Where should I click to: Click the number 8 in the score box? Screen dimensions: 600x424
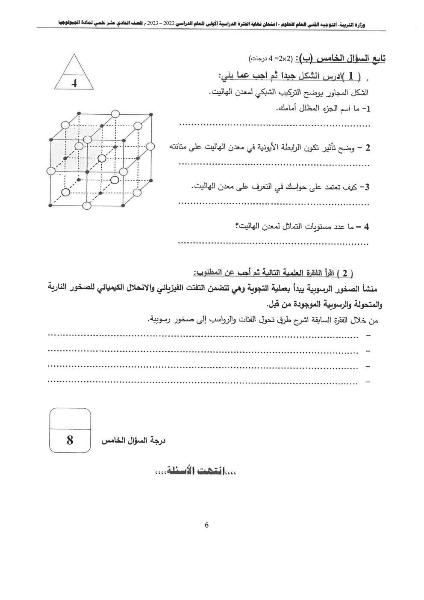click(70, 440)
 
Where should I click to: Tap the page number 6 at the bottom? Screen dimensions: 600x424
click(207, 525)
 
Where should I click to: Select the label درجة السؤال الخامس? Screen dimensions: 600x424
click(133, 441)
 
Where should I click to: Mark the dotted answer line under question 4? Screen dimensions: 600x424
click(274, 244)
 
